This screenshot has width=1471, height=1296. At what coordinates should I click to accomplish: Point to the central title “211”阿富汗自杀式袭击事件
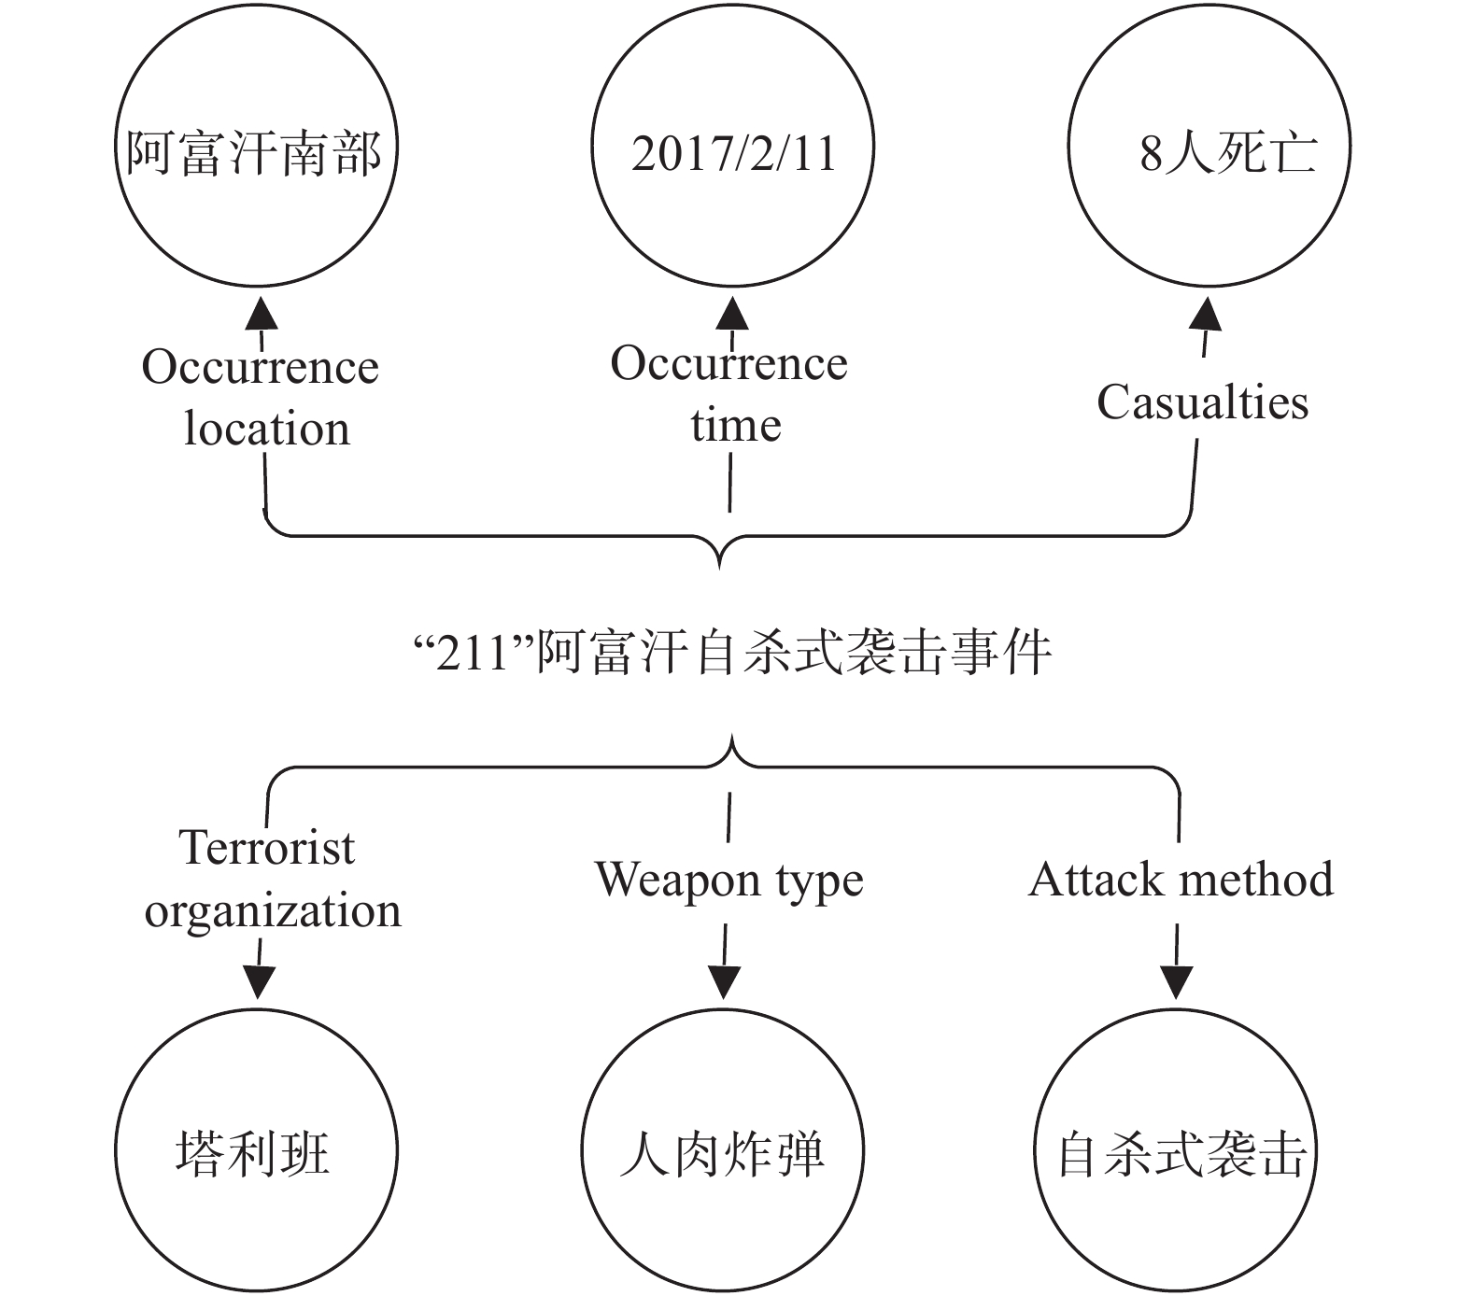(733, 651)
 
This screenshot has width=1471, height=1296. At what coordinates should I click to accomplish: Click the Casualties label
(1203, 402)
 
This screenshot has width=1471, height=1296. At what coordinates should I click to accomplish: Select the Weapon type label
(729, 880)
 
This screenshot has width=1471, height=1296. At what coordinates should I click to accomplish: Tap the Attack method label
(1181, 880)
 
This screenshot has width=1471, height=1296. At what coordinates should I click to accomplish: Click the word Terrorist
(267, 848)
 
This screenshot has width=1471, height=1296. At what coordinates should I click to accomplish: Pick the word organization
(273, 910)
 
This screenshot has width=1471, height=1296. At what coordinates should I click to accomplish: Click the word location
(267, 429)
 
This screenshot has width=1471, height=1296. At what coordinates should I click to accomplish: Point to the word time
(736, 425)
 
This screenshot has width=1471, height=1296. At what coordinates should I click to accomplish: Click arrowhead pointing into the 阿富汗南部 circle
(261, 314)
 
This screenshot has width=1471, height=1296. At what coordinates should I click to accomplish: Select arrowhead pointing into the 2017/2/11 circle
(732, 314)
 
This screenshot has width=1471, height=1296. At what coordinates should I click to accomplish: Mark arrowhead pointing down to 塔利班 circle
(259, 982)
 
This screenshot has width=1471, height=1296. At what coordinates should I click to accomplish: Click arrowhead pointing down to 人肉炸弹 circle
(724, 982)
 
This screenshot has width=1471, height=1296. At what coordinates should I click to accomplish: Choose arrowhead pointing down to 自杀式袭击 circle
(1176, 982)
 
